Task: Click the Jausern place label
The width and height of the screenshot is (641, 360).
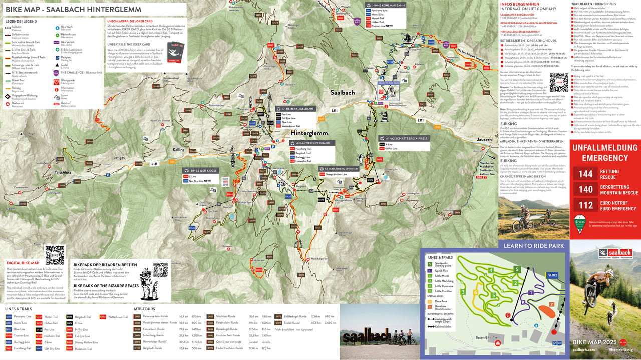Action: [484, 139]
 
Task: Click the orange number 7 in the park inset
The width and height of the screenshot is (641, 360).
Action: [551, 304]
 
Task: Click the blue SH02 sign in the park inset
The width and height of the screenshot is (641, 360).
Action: [552, 275]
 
